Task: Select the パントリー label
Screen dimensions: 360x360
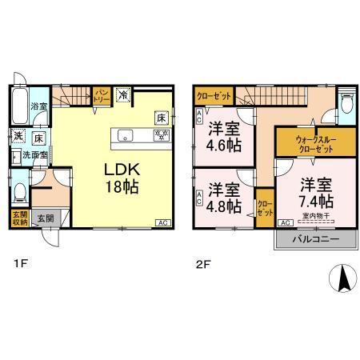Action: coord(102,96)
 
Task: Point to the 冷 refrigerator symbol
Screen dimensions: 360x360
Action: coord(123,94)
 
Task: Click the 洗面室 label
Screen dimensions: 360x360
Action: coord(34,155)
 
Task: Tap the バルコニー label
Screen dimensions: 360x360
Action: coord(308,239)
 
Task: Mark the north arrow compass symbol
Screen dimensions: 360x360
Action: coord(342,278)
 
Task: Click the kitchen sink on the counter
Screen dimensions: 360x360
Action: coord(124,135)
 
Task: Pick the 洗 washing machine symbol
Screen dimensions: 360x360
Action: coord(18,134)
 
